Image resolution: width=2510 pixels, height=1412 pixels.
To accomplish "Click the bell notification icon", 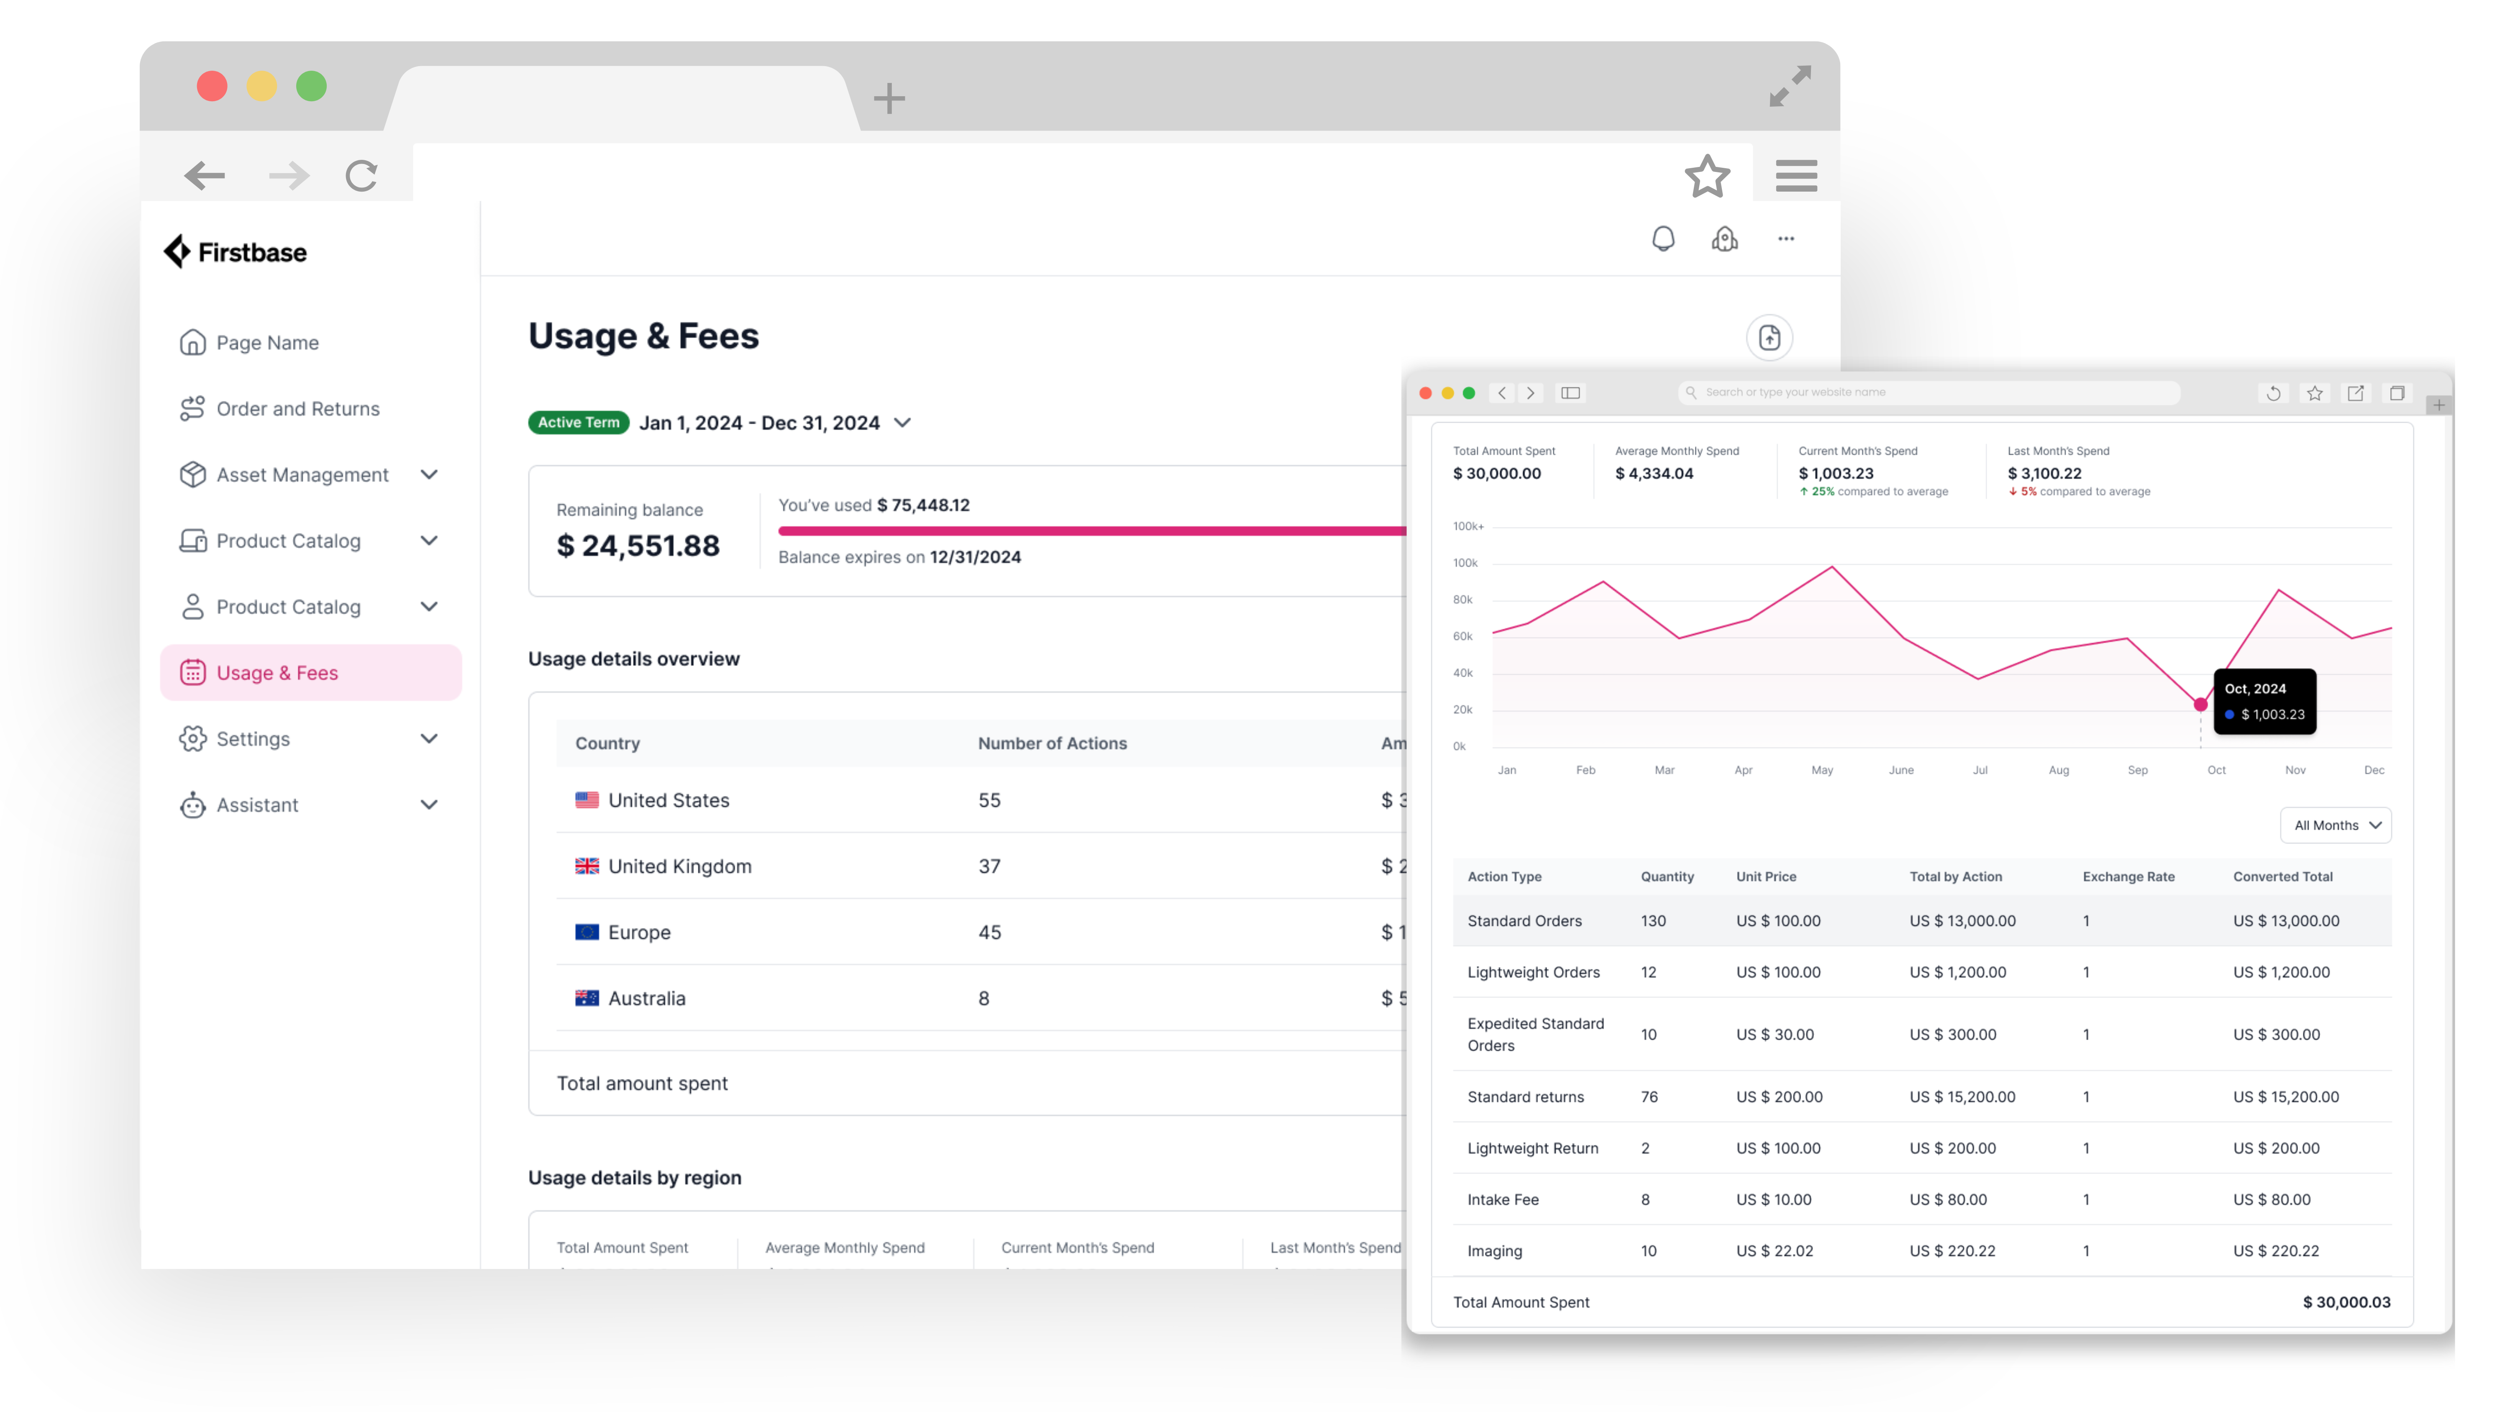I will (1663, 239).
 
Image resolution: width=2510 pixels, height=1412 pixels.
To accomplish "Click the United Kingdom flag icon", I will (587, 866).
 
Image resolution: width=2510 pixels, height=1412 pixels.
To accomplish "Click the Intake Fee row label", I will (1503, 1199).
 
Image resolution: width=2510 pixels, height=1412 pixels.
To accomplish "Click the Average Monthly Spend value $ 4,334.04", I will (1654, 474).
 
